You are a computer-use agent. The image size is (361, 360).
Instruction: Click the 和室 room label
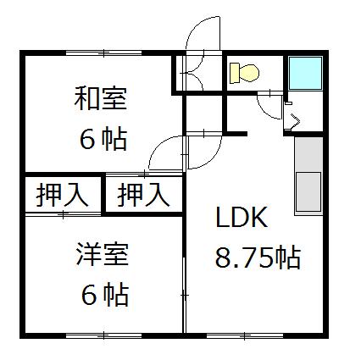[x=101, y=99]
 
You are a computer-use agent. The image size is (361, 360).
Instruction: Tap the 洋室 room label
[x=103, y=254]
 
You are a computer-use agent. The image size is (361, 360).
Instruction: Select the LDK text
[x=242, y=217]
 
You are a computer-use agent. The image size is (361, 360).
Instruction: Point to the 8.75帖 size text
[x=258, y=258]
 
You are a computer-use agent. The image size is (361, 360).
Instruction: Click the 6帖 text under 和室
[x=103, y=140]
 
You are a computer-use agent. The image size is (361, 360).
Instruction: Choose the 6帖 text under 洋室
[x=105, y=295]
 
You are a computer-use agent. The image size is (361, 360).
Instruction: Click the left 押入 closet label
[x=62, y=194]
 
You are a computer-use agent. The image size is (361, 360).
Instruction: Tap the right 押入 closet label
[x=143, y=194]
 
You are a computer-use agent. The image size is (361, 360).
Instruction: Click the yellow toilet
[x=244, y=73]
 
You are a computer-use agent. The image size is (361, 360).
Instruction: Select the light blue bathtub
[x=305, y=73]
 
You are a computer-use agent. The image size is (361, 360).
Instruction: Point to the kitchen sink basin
[x=308, y=191]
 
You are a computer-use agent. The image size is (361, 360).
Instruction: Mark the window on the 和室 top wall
[x=103, y=53]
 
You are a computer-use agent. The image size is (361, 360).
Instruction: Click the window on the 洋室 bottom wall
[x=103, y=335]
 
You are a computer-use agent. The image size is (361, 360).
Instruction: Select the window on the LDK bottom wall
[x=245, y=335]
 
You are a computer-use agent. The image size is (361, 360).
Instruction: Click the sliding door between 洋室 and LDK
[x=185, y=296]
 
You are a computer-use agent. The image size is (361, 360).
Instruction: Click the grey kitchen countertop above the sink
[x=308, y=154]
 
